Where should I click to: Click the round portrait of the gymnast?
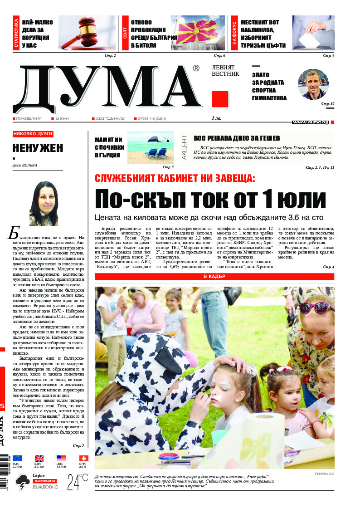click(312, 84)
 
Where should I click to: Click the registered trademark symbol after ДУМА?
click(196, 68)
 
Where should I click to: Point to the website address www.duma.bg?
click(311, 122)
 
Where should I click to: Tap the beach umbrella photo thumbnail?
click(151, 147)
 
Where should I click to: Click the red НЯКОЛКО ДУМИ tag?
click(33, 134)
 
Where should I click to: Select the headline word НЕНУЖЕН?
click(38, 148)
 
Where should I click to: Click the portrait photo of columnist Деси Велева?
click(44, 203)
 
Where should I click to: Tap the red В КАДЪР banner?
click(214, 276)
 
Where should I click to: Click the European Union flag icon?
click(17, 459)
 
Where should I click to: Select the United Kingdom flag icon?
click(39, 459)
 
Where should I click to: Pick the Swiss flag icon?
click(83, 459)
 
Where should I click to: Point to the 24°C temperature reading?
click(78, 482)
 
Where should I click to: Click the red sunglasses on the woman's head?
click(316, 307)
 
